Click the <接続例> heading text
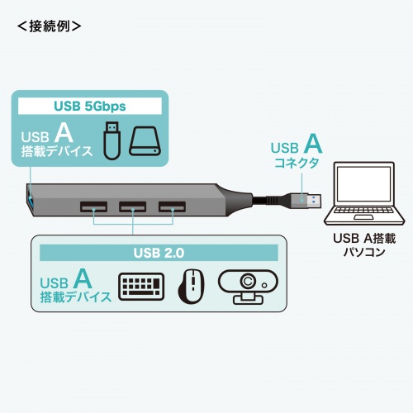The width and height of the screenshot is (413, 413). tap(49, 26)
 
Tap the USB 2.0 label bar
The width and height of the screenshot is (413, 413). tap(157, 251)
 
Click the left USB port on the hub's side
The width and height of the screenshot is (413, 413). tap(93, 206)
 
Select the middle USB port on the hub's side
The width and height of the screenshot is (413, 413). tap(132, 206)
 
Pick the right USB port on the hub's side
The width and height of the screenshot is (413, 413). tap(172, 206)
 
